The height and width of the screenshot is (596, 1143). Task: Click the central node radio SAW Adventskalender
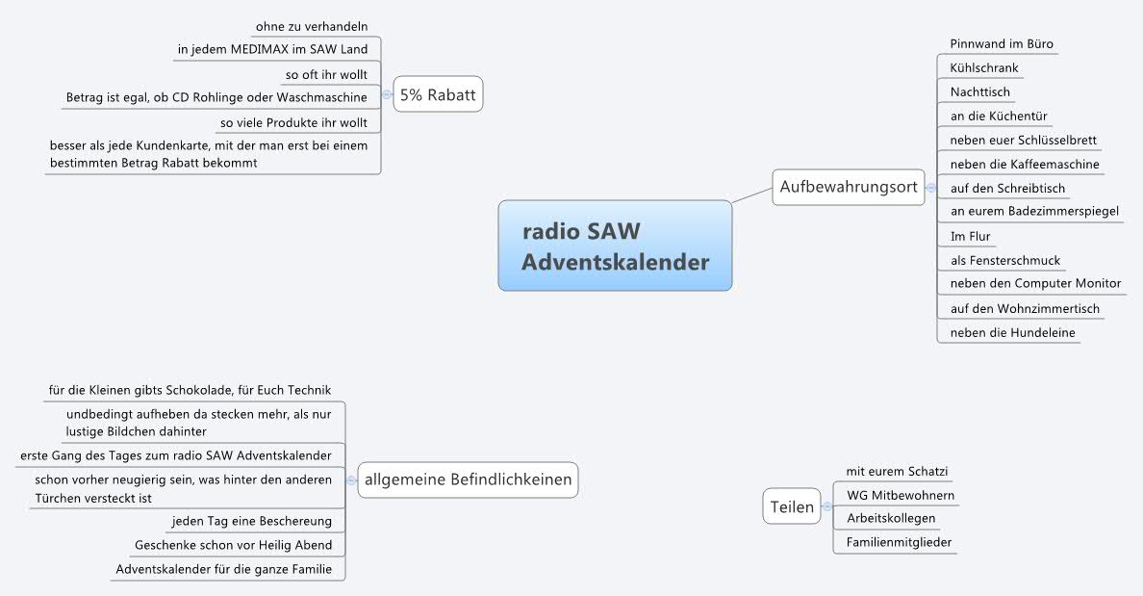615,246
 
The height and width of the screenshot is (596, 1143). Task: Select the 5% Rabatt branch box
438,95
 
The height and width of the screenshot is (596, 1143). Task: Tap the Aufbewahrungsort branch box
848,187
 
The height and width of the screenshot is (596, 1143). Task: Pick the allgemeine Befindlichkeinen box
468,479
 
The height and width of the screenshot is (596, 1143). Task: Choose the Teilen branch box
792,506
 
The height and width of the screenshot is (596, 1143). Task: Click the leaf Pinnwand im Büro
1001,44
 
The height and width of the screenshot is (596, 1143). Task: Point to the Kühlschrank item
983,68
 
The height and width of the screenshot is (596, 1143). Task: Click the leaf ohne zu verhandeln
312,26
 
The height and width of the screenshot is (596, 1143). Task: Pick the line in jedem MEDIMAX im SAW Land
272,49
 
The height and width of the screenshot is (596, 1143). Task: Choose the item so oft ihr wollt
326,74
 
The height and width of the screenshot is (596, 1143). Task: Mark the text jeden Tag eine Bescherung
251,521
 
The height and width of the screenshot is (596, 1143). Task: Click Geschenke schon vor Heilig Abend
234,545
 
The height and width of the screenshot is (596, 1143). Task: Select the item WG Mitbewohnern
900,495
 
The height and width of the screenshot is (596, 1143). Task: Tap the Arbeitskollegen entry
890,518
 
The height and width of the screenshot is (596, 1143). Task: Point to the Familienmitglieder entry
899,542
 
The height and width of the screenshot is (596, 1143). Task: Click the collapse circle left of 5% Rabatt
387,94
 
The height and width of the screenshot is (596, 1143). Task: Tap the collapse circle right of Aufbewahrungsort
930,188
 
